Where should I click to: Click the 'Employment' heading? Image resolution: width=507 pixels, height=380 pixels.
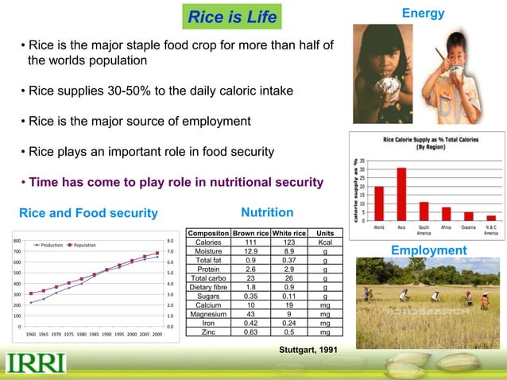coord(428,250)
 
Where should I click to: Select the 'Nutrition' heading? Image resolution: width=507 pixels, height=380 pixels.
coord(267,212)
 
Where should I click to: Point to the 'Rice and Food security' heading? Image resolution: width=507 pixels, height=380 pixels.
coord(88,212)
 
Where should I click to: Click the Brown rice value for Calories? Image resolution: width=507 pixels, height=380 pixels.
coord(250,242)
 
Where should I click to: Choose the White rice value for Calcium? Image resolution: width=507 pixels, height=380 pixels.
coord(289,304)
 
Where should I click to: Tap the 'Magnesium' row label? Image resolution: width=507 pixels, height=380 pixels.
coord(208,314)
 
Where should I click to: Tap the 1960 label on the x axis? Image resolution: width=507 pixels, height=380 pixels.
coord(34,335)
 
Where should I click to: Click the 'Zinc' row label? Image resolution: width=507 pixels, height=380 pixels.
coord(208,333)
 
